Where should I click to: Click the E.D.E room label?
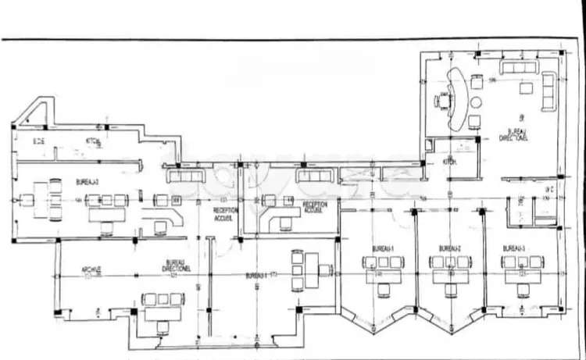[x=38, y=141]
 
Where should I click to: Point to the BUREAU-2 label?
[x=448, y=248]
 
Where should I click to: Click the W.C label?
[x=549, y=190]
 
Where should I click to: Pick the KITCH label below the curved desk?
[x=448, y=162]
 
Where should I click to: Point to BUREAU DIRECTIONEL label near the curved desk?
[x=515, y=135]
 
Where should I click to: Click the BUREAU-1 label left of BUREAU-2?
[x=382, y=248]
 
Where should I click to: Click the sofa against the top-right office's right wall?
[x=549, y=92]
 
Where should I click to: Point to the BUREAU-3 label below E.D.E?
[x=88, y=181]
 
